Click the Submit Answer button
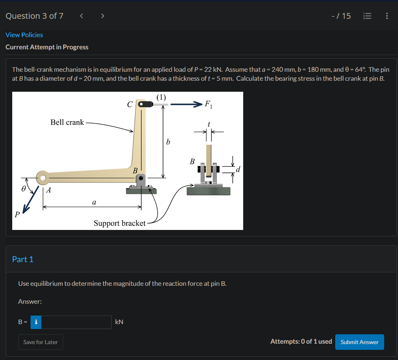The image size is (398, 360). (x=359, y=342)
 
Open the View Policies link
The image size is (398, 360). (x=24, y=35)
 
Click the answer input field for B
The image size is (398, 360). (x=76, y=322)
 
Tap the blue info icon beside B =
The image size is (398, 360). (x=36, y=322)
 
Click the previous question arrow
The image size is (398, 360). (x=81, y=16)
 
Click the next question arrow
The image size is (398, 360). (x=103, y=16)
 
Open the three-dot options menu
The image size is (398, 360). (x=386, y=16)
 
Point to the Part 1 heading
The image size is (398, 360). (x=23, y=259)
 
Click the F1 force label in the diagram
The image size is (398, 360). (x=208, y=104)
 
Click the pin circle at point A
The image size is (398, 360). (x=42, y=177)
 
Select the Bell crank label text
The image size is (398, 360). (x=67, y=122)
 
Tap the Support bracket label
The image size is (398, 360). (x=119, y=223)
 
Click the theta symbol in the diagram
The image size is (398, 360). (x=24, y=188)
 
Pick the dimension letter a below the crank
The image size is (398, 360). (x=94, y=201)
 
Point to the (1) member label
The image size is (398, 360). (x=161, y=97)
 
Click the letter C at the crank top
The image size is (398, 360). (x=130, y=104)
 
